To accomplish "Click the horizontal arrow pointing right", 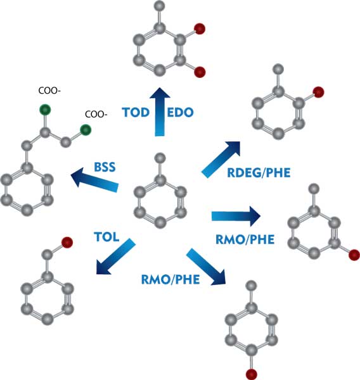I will pyautogui.click(x=235, y=217).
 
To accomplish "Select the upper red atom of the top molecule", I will pyautogui.click(x=199, y=28).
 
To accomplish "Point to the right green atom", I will pyautogui.click(x=84, y=130).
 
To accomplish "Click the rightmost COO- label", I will pyautogui.click(x=96, y=115).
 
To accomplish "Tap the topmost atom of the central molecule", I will pyautogui.click(x=160, y=156).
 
